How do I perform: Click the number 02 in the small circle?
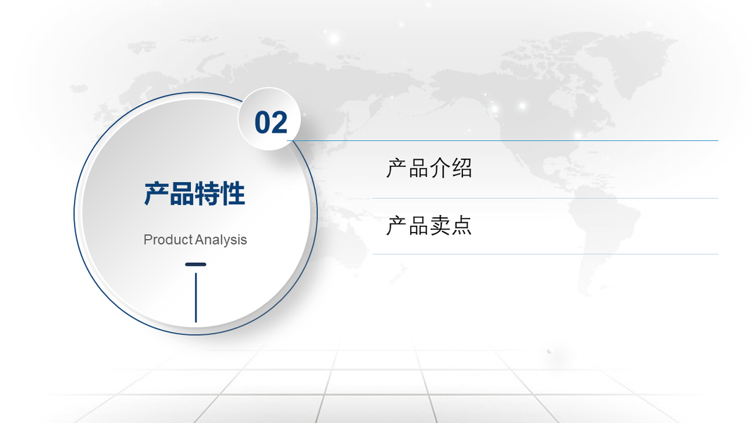click(271, 122)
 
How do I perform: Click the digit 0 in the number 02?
click(262, 122)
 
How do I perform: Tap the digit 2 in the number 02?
click(280, 122)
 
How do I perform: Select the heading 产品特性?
click(195, 194)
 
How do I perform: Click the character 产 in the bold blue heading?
click(156, 194)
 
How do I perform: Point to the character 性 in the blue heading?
click(233, 194)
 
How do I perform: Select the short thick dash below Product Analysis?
click(196, 264)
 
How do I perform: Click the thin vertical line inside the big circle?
click(196, 298)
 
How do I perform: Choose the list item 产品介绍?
click(429, 168)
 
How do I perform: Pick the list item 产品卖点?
click(429, 226)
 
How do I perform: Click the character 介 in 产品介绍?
click(440, 168)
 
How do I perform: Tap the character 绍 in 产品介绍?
click(462, 168)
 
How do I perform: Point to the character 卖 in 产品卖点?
click(440, 226)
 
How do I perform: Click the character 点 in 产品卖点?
click(462, 226)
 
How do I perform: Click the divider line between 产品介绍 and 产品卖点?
click(545, 198)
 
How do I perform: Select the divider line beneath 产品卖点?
click(545, 254)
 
